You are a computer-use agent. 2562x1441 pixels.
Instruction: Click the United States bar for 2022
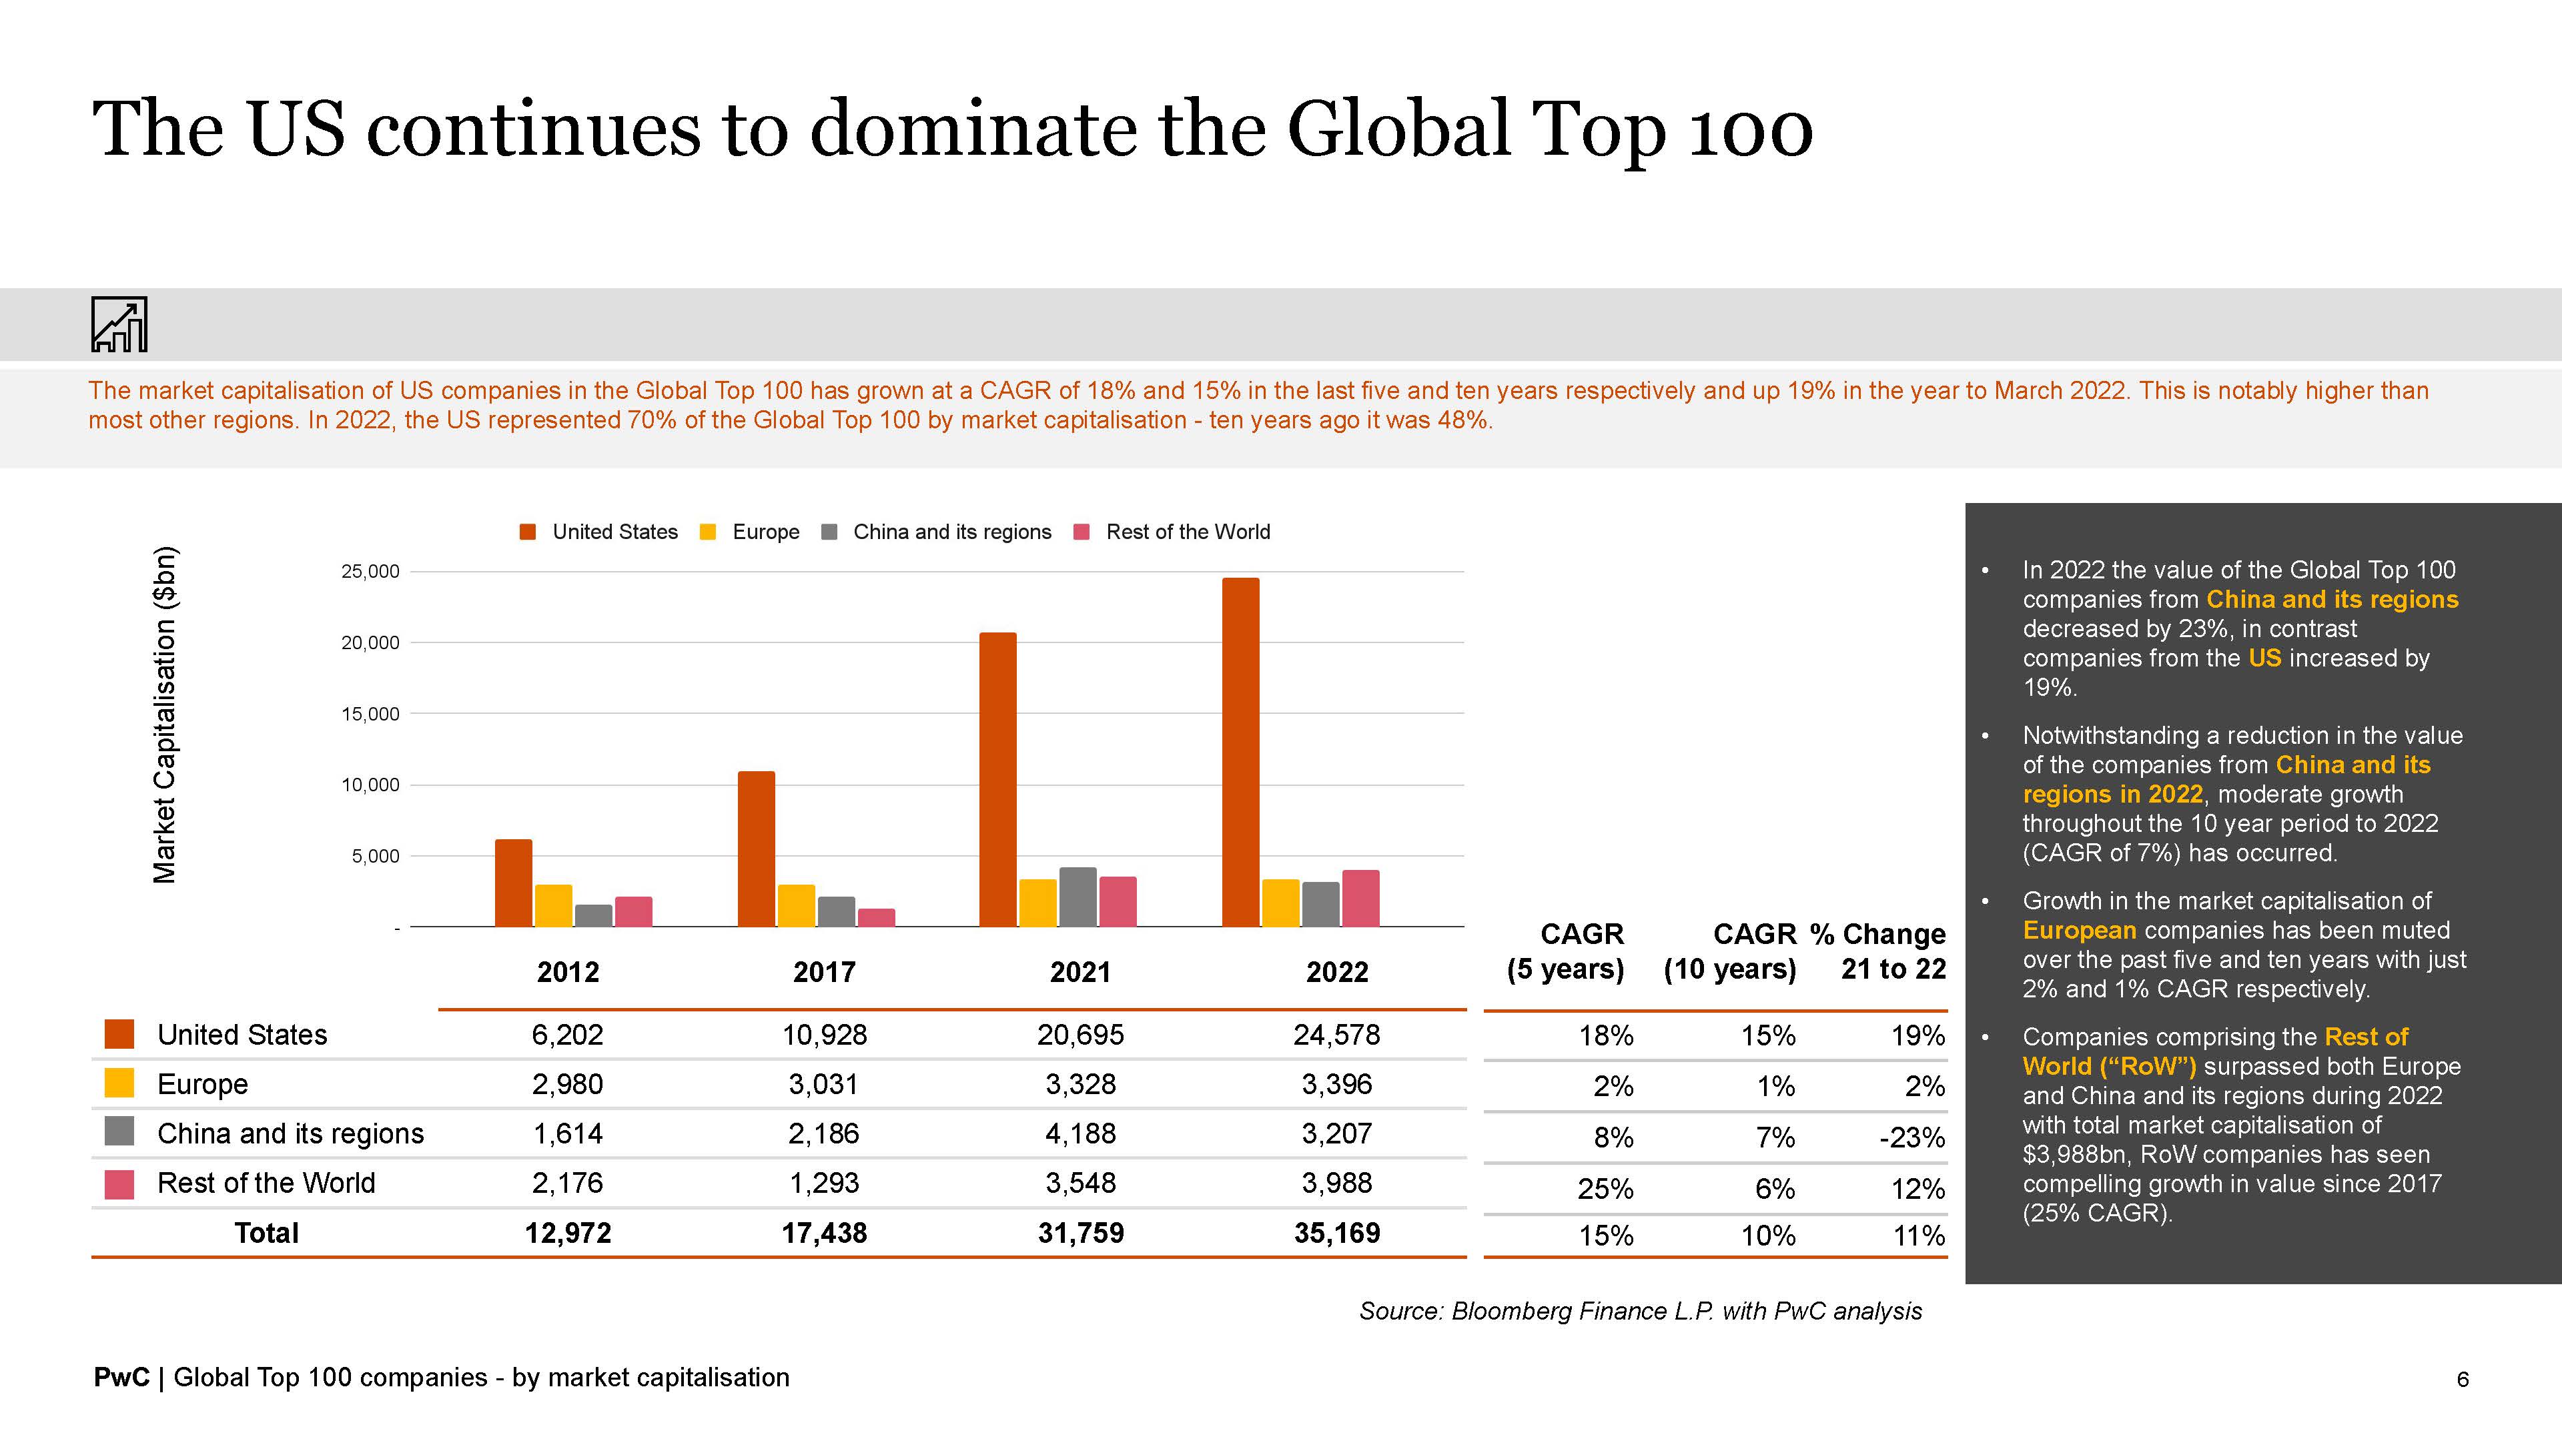(x=1240, y=752)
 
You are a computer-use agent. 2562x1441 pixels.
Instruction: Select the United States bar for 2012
(x=513, y=883)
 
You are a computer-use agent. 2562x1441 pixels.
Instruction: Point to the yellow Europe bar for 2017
(x=796, y=906)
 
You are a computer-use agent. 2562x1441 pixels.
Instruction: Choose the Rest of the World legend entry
(x=1174, y=532)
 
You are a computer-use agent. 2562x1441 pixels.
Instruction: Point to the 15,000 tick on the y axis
(x=370, y=714)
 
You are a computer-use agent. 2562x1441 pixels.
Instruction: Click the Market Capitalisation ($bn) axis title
(x=165, y=714)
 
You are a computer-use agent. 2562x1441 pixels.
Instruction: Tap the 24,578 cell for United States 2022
(x=1336, y=1035)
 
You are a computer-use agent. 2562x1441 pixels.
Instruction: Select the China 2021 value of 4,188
(x=1080, y=1133)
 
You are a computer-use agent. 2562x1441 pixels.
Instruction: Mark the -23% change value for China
(x=1911, y=1137)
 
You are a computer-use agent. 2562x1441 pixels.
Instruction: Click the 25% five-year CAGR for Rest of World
(x=1605, y=1188)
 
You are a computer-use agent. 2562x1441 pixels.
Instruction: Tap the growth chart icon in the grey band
(x=119, y=324)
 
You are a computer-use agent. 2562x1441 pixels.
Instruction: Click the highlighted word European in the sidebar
(x=2079, y=931)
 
